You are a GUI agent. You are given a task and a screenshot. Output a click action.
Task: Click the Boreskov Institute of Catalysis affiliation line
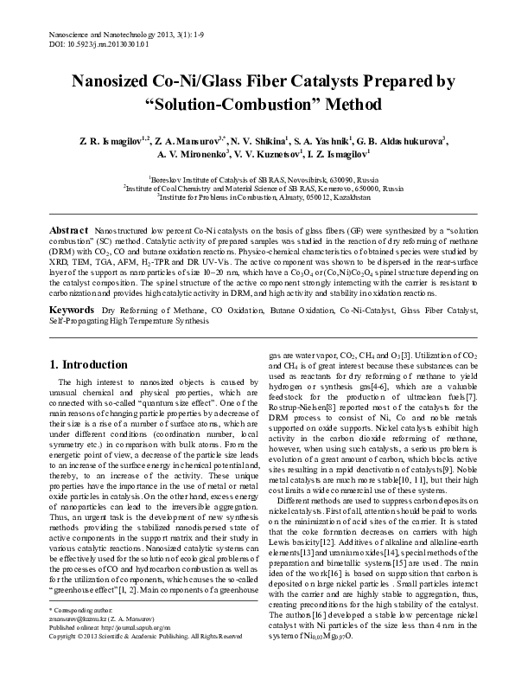pos(257,176)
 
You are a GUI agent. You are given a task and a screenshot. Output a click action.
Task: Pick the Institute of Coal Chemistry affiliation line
pos(257,186)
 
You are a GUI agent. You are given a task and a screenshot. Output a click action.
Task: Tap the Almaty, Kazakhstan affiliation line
pos(257,196)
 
